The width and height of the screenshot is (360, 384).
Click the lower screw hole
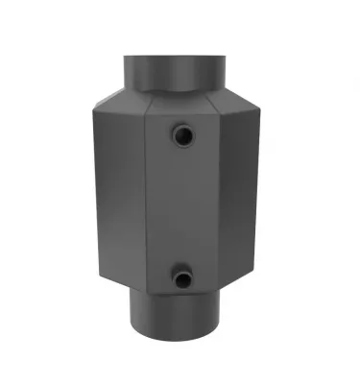point(181,279)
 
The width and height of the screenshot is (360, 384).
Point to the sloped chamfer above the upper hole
point(182,104)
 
